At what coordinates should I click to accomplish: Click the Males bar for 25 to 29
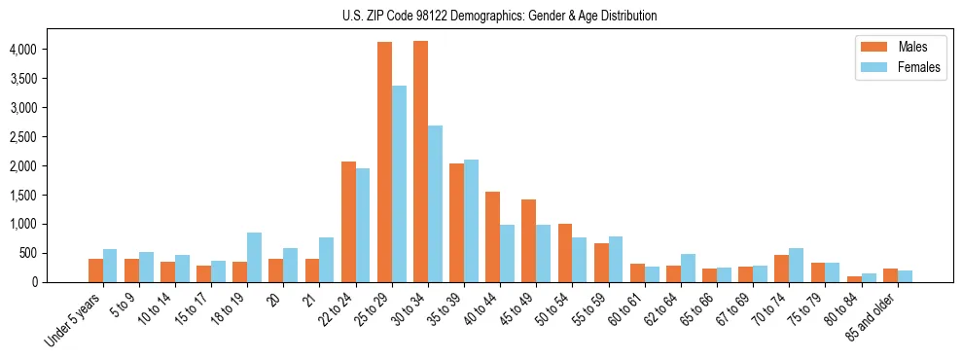pos(384,162)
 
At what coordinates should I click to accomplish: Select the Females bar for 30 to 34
pos(435,204)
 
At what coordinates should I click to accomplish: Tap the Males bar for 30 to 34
pos(420,162)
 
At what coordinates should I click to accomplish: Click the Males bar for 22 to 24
pos(348,222)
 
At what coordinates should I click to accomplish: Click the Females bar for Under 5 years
pos(110,266)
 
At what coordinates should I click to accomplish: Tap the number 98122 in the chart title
pos(432,17)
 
